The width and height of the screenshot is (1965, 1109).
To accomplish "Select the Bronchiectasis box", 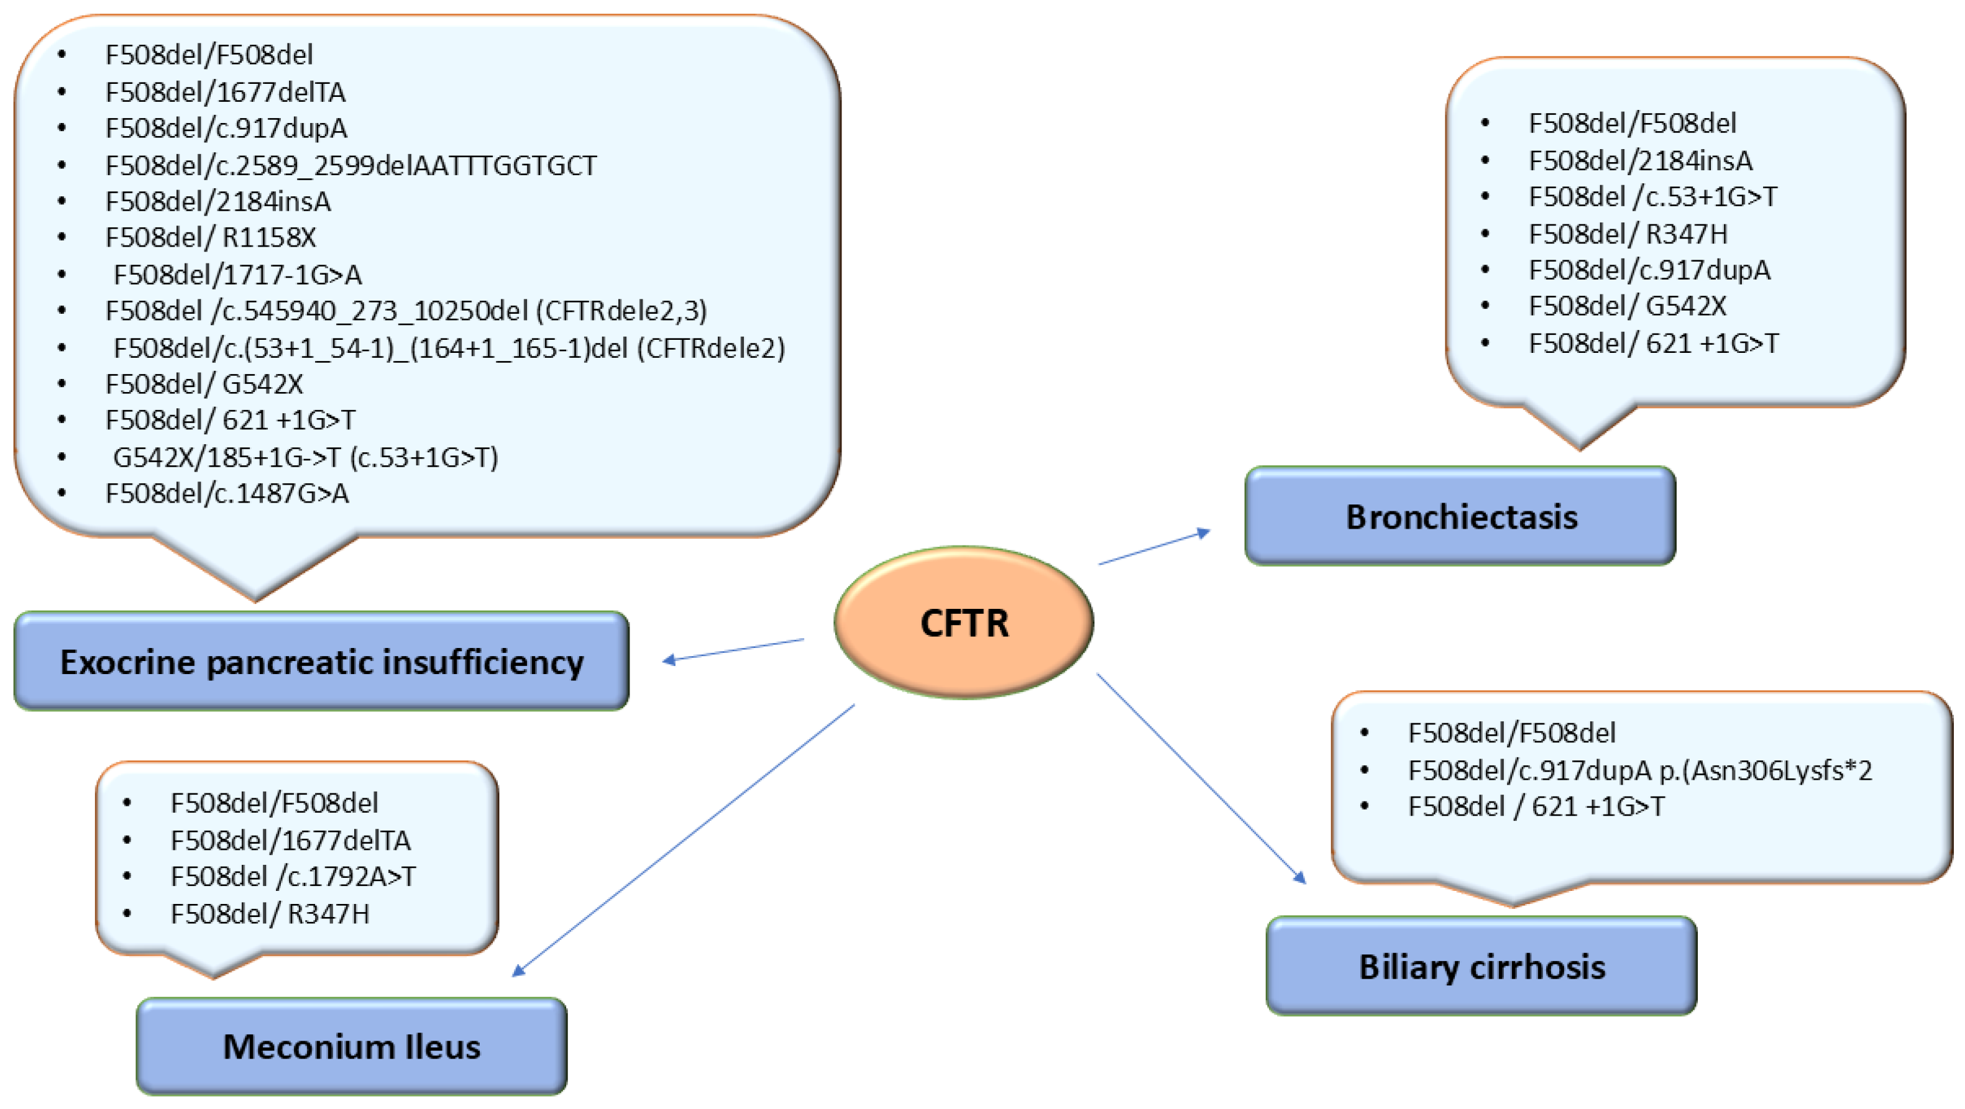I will point(1460,516).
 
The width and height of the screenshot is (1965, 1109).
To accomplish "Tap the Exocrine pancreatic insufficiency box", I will point(321,661).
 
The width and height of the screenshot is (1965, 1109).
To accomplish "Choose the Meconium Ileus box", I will point(352,1046).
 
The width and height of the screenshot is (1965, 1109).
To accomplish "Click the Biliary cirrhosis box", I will point(1482,966).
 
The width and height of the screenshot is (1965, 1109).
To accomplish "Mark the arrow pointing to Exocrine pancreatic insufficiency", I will point(732,650).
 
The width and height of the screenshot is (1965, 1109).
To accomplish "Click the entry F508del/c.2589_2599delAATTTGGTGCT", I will point(351,165).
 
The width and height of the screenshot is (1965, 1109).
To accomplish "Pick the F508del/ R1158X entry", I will point(211,237).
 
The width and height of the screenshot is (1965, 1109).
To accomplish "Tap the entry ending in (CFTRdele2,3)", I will point(406,311).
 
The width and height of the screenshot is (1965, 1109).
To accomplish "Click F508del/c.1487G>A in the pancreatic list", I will point(227,493).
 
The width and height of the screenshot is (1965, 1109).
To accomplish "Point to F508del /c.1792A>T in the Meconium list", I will point(293,877).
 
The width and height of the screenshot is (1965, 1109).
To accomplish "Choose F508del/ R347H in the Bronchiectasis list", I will point(1628,234).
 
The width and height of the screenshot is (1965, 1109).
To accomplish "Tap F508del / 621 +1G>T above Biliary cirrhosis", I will point(1536,806).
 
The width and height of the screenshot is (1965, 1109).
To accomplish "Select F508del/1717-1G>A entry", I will point(237,274).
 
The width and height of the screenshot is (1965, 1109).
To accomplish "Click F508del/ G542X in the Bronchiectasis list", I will point(1627,306).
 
